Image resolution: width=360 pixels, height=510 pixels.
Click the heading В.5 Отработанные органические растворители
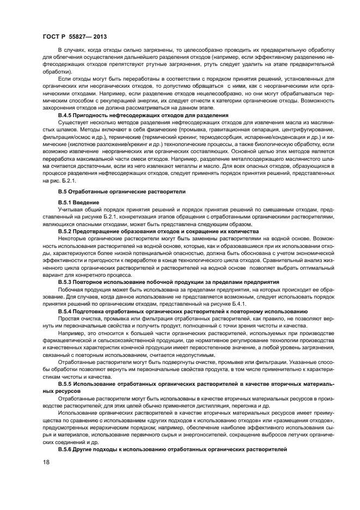[x=122, y=192]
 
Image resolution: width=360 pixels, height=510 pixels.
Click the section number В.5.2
[x=66, y=231]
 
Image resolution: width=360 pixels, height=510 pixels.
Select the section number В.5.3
[x=66, y=282]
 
